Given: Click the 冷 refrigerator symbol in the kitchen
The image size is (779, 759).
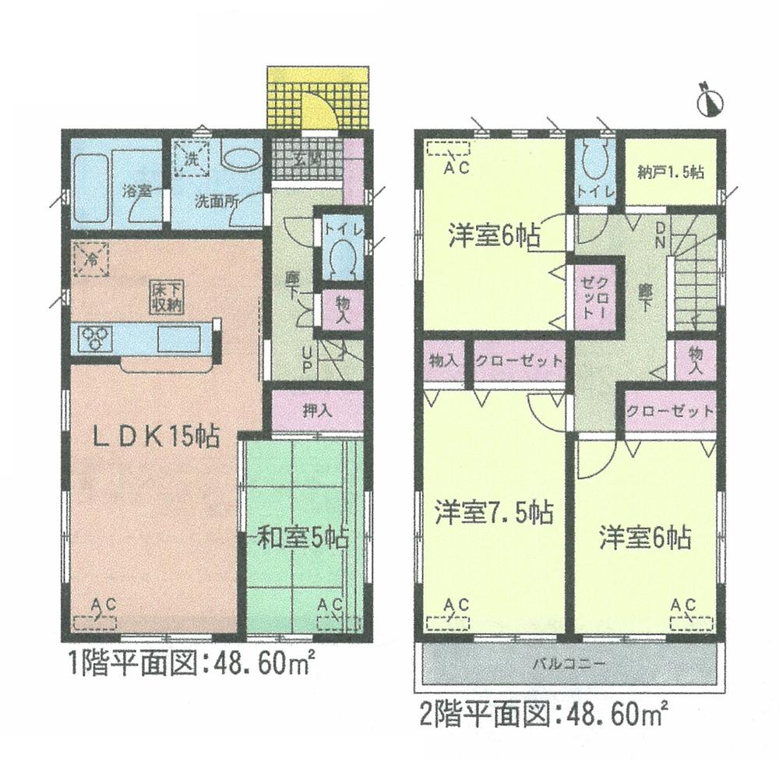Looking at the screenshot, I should point(92,258).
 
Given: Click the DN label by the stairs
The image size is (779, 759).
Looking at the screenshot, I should point(659,234).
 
